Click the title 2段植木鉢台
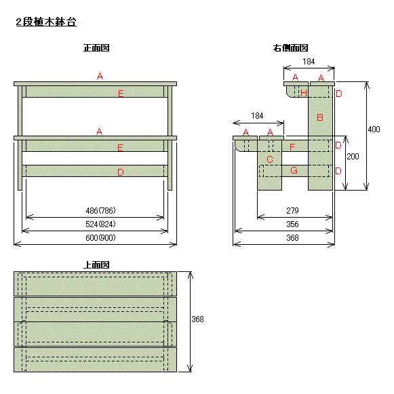[46, 22]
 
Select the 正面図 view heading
[96, 47]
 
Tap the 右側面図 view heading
[290, 47]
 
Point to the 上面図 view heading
[96, 264]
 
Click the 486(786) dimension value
[100, 210]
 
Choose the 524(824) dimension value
[100, 224]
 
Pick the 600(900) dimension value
[100, 237]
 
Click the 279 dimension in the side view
[292, 210]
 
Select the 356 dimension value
[292, 224]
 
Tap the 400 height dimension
[374, 129]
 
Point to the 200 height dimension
[353, 156]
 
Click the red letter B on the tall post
[320, 117]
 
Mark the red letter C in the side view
[270, 159]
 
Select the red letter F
[292, 147]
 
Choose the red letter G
[294, 170]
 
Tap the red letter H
[304, 93]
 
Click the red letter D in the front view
[121, 172]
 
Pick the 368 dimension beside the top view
[197, 319]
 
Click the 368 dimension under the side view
[292, 237]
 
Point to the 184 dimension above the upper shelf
[309, 61]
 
